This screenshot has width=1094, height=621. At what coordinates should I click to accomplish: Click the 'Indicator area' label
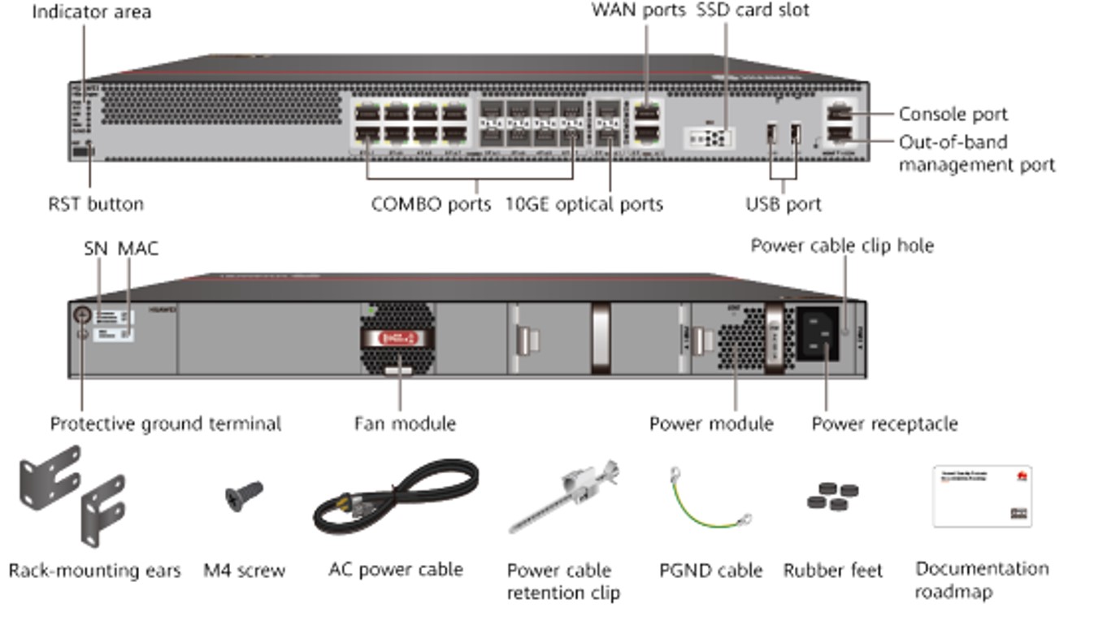[x=91, y=12]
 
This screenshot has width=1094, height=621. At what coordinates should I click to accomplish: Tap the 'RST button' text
[x=96, y=204]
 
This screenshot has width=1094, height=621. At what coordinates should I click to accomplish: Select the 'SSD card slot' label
[x=753, y=11]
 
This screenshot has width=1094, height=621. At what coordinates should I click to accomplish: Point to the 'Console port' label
[x=953, y=115]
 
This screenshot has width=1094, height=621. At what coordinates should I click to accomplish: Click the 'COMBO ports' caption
[x=431, y=204]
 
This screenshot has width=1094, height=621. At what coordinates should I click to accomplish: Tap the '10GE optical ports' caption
[x=584, y=204]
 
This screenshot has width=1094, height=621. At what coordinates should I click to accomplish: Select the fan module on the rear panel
[x=398, y=338]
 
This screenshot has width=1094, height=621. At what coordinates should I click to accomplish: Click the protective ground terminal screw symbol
[x=82, y=315]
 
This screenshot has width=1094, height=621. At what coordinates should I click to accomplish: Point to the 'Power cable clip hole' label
[x=841, y=245]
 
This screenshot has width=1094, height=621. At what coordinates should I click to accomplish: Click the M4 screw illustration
[x=244, y=494]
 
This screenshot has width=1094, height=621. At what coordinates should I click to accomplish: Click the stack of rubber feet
[x=833, y=496]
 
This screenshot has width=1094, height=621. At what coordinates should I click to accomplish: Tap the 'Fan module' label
[x=405, y=423]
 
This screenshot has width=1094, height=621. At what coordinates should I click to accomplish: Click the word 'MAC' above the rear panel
[x=138, y=249]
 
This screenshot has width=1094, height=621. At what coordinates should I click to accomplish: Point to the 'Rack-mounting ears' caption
[x=94, y=571]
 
